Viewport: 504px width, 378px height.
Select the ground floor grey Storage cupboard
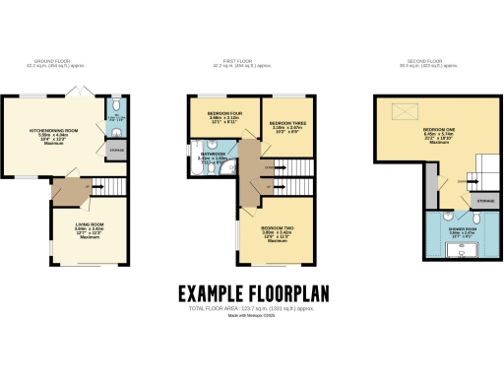114,150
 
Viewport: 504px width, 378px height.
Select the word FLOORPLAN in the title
287,293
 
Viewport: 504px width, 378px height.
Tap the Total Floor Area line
252,309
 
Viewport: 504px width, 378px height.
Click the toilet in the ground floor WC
114,106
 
